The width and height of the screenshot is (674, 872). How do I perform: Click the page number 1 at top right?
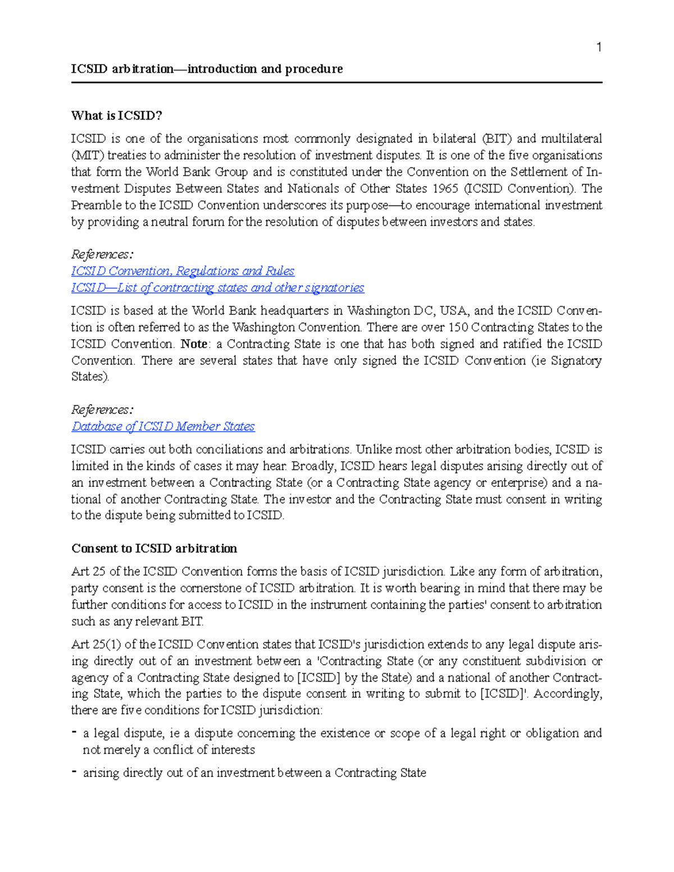pos(599,47)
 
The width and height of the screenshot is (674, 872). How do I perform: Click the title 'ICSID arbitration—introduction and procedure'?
pos(207,69)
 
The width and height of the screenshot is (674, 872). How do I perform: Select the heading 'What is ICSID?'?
pos(116,116)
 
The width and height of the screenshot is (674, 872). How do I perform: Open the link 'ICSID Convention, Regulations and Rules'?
pos(183,271)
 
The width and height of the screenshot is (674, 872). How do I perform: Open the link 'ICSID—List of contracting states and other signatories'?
pos(217,288)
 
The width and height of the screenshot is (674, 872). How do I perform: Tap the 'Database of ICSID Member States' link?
pos(163,427)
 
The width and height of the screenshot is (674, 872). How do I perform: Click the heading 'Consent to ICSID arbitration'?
pos(154,549)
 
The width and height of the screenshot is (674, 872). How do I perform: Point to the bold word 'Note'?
pos(194,344)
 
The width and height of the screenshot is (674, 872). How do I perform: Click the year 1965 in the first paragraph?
pos(444,189)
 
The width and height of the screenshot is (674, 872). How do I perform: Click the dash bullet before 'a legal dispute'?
pos(74,733)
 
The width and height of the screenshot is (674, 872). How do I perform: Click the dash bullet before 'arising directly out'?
pos(74,773)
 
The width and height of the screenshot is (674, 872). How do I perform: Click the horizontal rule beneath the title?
pos(336,83)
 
